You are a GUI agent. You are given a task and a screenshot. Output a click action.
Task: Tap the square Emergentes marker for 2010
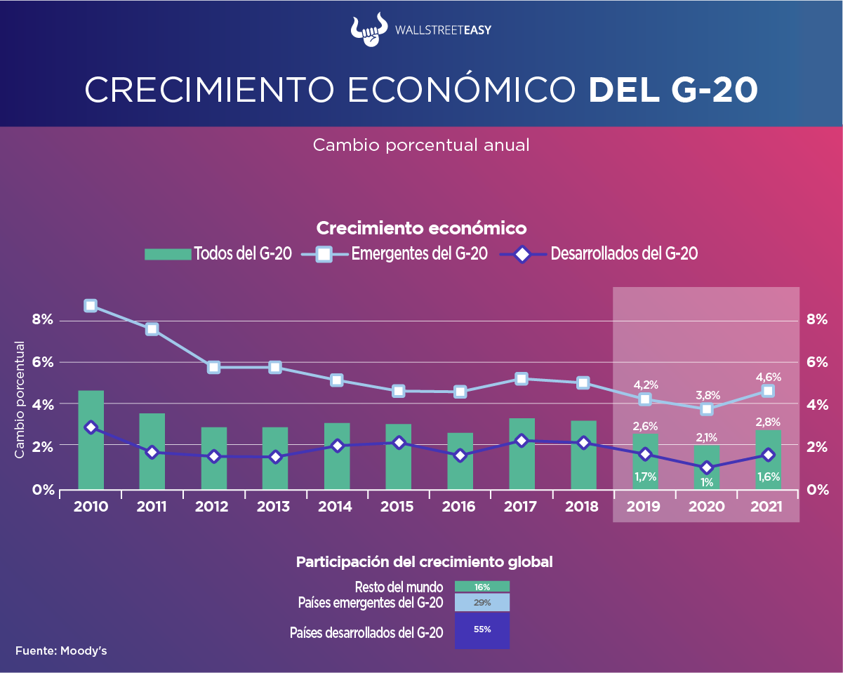91,305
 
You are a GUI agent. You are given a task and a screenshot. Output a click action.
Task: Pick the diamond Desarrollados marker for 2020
706,468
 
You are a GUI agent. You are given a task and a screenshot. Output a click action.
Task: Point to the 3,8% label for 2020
706,395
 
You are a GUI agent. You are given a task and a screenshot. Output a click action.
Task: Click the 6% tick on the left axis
42,363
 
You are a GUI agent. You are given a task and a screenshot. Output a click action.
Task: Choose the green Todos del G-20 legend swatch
167,254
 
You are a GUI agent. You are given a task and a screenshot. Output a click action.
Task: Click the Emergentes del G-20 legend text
419,254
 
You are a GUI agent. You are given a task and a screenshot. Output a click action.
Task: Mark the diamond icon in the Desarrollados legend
522,254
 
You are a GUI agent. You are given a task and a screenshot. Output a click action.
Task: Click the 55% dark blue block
482,630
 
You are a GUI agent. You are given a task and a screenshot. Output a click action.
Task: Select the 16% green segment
482,587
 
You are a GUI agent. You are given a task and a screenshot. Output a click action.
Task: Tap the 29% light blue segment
482,603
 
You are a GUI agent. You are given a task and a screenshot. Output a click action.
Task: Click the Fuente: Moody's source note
61,651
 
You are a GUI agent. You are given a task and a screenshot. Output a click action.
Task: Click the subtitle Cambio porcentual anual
420,145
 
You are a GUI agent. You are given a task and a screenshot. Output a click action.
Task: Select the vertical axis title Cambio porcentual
20,400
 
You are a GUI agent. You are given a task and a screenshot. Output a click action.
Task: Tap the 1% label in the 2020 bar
706,482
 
